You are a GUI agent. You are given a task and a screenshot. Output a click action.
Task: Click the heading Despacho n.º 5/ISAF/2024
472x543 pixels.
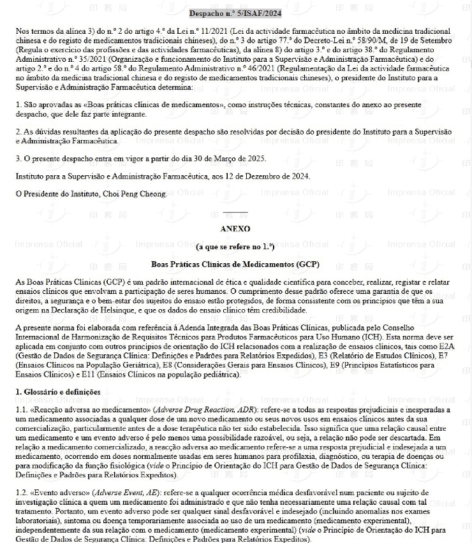coord(235,13)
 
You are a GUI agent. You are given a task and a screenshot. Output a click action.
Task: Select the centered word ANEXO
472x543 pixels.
coord(235,228)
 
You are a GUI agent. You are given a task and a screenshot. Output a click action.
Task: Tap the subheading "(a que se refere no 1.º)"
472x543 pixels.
coord(235,246)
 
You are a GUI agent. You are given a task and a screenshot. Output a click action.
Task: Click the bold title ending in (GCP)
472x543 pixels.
coord(235,263)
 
